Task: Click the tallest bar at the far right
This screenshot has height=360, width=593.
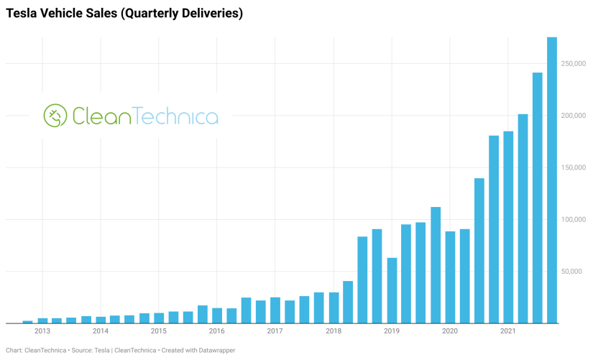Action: point(552,180)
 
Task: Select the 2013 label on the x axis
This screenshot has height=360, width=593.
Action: point(42,331)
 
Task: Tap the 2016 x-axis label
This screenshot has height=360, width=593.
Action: point(216,331)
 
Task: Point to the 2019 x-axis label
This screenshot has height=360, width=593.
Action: point(392,331)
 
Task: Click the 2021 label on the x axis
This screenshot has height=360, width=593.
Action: point(507,331)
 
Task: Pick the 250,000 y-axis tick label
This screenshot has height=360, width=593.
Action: point(574,64)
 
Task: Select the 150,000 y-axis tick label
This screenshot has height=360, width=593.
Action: point(574,167)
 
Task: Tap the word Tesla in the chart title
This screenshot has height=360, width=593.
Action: point(22,14)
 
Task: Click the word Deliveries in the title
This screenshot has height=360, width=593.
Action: point(210,14)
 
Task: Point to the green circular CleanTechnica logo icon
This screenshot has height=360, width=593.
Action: point(55,116)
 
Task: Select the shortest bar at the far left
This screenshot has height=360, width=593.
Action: point(27,321)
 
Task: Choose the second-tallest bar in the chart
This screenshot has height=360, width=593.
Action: point(537,198)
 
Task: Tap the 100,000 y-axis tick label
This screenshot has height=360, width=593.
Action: point(574,219)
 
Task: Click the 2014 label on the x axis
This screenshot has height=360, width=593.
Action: point(101,331)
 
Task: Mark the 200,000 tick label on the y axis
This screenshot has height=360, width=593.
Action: point(574,116)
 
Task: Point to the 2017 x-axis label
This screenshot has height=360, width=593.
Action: point(275,331)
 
